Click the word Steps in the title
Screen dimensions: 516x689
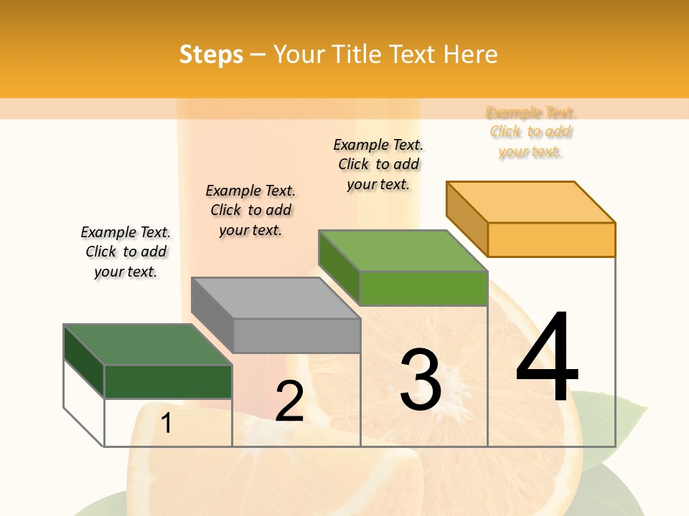[211, 54]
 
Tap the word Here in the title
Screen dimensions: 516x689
[470, 54]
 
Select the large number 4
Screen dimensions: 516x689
[547, 356]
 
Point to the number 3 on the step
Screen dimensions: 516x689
[420, 379]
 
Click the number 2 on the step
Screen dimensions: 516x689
[289, 401]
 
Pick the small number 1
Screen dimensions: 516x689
[166, 424]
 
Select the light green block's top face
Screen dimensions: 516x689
[403, 251]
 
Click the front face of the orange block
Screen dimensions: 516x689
[551, 239]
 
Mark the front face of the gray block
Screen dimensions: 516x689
[296, 335]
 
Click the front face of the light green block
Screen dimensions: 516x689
[423, 288]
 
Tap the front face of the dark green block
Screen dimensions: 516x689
[168, 381]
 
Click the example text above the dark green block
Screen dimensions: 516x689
[126, 252]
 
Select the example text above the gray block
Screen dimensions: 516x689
[250, 210]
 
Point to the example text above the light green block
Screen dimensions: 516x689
[378, 164]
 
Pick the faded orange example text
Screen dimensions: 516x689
[530, 132]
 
